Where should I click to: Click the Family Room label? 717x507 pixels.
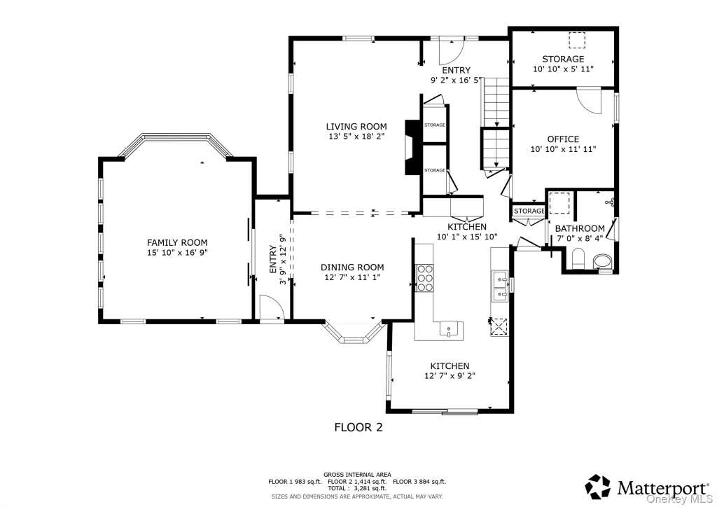[x=177, y=242]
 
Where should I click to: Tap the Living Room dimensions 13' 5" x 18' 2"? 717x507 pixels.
[x=356, y=137]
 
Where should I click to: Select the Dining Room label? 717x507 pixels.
[x=352, y=267]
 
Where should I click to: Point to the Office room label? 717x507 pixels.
[x=563, y=139]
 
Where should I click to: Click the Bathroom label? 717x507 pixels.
[x=580, y=228]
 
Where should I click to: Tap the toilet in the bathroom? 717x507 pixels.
[x=578, y=258]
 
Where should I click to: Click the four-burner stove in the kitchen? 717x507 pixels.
[x=424, y=278]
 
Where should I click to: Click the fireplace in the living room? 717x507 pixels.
[x=411, y=147]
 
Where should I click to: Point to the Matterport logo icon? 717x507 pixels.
[x=598, y=487]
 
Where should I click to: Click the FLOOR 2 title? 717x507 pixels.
[x=358, y=427]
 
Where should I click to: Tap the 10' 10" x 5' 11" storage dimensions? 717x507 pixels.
[x=563, y=69]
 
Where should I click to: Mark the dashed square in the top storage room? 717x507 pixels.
[x=578, y=41]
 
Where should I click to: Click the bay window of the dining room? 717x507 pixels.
[x=353, y=334]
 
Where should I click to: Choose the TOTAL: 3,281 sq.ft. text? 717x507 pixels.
[x=357, y=488]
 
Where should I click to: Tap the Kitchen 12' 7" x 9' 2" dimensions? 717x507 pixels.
[x=450, y=376]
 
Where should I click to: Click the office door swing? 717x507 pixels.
[x=588, y=102]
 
